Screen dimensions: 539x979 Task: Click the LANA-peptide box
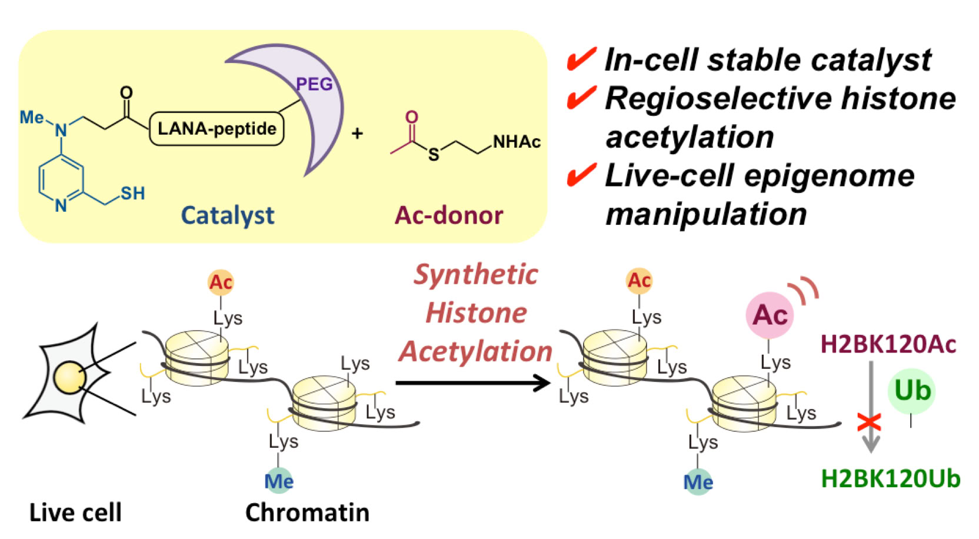217,129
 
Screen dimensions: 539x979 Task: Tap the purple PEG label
314,84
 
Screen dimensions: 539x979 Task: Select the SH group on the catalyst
132,193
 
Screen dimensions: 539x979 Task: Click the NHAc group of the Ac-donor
516,142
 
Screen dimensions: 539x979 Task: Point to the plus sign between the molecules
357,134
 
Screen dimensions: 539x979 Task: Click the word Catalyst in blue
228,215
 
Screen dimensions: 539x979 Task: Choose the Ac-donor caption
449,215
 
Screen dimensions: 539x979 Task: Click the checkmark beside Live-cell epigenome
581,175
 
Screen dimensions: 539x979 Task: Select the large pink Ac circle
770,315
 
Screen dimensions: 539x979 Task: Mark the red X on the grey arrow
869,422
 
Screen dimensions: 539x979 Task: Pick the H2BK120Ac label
888,345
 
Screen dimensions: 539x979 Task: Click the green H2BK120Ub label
890,479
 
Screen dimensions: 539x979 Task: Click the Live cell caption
75,513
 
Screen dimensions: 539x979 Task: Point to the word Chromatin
307,513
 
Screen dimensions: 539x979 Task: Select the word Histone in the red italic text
476,312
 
